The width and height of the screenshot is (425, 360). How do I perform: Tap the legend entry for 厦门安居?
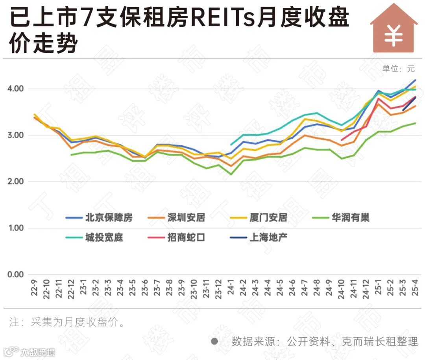click(263, 218)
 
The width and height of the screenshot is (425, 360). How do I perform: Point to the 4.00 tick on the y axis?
click(15, 89)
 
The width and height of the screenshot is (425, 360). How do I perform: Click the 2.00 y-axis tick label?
click(15, 182)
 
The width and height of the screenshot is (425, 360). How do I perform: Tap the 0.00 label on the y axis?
click(15, 275)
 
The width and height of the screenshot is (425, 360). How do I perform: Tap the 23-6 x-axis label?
click(145, 289)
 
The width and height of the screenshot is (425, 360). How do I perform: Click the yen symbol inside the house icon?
click(394, 36)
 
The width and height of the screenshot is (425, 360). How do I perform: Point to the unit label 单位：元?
click(398, 69)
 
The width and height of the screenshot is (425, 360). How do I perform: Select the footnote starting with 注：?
click(67, 323)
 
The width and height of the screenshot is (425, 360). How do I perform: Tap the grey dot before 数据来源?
click(214, 341)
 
